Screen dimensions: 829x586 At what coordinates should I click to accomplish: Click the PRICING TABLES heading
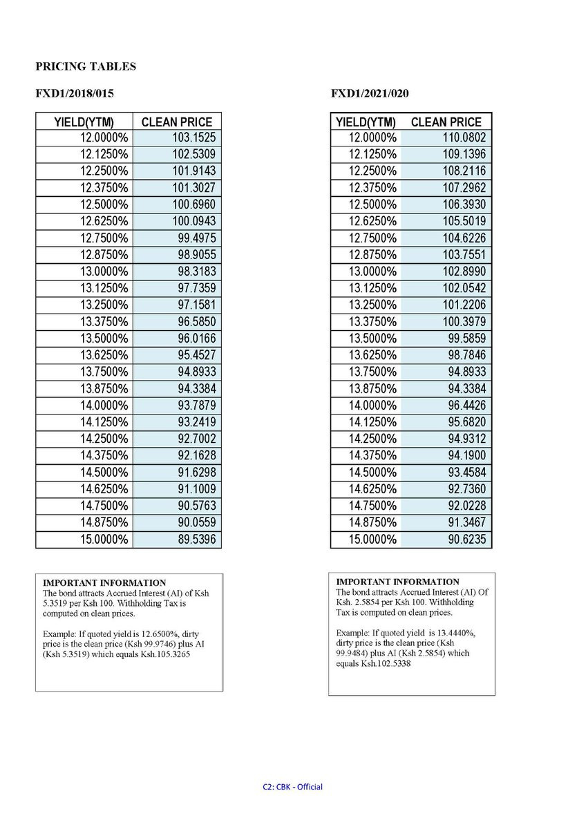point(86,67)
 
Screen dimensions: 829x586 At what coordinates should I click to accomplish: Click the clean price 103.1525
point(194,137)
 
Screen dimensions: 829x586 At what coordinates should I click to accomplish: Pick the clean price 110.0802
point(464,137)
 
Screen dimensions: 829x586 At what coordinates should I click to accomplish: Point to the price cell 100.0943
point(194,221)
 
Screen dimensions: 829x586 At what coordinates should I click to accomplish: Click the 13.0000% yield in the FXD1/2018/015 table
point(104,271)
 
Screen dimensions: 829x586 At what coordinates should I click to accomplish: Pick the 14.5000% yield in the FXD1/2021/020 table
point(372,473)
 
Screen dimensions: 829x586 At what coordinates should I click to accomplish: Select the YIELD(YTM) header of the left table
point(84,122)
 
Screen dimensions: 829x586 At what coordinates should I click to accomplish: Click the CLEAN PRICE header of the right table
point(446,122)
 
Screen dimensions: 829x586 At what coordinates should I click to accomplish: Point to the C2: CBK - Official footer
point(293,786)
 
